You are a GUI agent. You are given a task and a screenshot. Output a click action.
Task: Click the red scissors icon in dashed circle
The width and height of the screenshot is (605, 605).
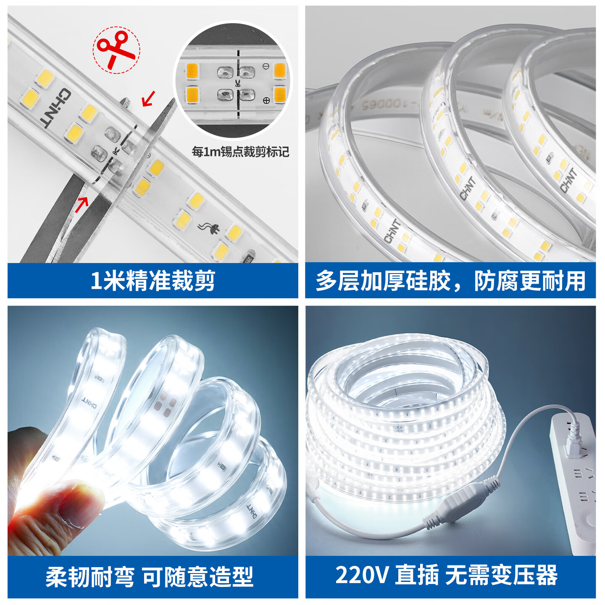point(116,50)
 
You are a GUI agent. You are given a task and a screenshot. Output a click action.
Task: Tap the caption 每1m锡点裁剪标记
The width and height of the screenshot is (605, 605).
point(240,152)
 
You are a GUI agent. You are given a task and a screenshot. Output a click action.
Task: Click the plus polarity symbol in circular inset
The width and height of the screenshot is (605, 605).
point(266,100)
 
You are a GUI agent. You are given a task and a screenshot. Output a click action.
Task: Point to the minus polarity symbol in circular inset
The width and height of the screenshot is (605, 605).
point(266,66)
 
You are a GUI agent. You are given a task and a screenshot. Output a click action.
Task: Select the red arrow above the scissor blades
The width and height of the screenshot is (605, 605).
point(148,99)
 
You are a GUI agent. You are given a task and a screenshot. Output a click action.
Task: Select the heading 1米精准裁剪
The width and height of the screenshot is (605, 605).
point(153,281)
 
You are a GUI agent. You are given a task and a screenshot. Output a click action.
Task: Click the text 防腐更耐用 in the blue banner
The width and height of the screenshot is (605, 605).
point(530,281)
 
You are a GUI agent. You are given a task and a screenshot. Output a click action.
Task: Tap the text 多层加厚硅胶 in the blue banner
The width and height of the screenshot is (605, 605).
point(383,281)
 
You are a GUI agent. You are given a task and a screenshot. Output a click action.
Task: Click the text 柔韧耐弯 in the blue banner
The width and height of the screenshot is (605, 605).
point(90,577)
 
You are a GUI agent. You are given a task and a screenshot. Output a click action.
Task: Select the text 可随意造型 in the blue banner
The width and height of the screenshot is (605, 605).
point(198,577)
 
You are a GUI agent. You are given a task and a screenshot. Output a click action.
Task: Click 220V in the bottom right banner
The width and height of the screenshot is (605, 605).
point(361,575)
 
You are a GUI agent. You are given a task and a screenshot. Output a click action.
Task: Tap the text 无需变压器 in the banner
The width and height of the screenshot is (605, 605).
point(501,575)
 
